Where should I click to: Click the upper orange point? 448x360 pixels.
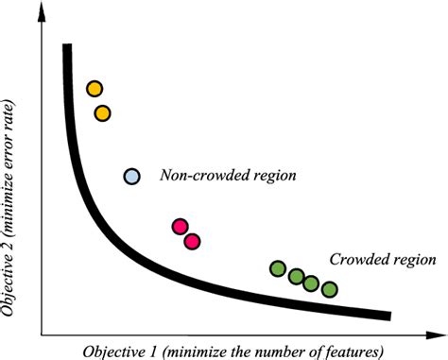95,89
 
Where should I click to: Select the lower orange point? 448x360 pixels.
103,113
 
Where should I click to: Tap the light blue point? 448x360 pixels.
132,176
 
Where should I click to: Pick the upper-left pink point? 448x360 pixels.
181,227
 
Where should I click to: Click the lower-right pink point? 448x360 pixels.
192,241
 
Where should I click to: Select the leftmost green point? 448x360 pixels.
278,268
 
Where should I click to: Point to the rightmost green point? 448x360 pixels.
329,288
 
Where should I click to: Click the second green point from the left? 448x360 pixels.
296,277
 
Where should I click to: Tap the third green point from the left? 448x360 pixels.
311,283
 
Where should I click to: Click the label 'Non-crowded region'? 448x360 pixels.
229,176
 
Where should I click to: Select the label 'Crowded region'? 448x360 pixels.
382,260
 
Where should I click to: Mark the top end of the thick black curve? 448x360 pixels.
66,46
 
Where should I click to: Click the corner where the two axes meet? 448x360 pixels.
41,333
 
